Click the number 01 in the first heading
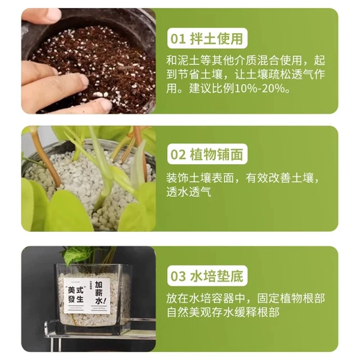pyautogui.click(x=178, y=39)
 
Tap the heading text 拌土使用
pyautogui.click(x=217, y=39)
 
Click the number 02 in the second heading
pyautogui.click(x=178, y=154)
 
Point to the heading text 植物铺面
pyautogui.click(x=217, y=154)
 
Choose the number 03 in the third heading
pyautogui.click(x=178, y=276)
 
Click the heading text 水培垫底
pyautogui.click(x=217, y=276)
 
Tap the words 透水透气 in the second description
pyautogui.click(x=189, y=192)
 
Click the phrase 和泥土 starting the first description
pyautogui.click(x=183, y=60)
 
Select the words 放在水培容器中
pyautogui.click(x=205, y=298)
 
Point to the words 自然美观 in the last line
pyautogui.click(x=189, y=312)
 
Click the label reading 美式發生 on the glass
pyautogui.click(x=76, y=294)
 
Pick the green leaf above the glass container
pyautogui.click(x=76, y=254)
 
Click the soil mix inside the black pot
pyautogui.click(x=96, y=67)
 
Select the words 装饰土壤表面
pyautogui.click(x=200, y=178)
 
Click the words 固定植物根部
pyautogui.click(x=291, y=298)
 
